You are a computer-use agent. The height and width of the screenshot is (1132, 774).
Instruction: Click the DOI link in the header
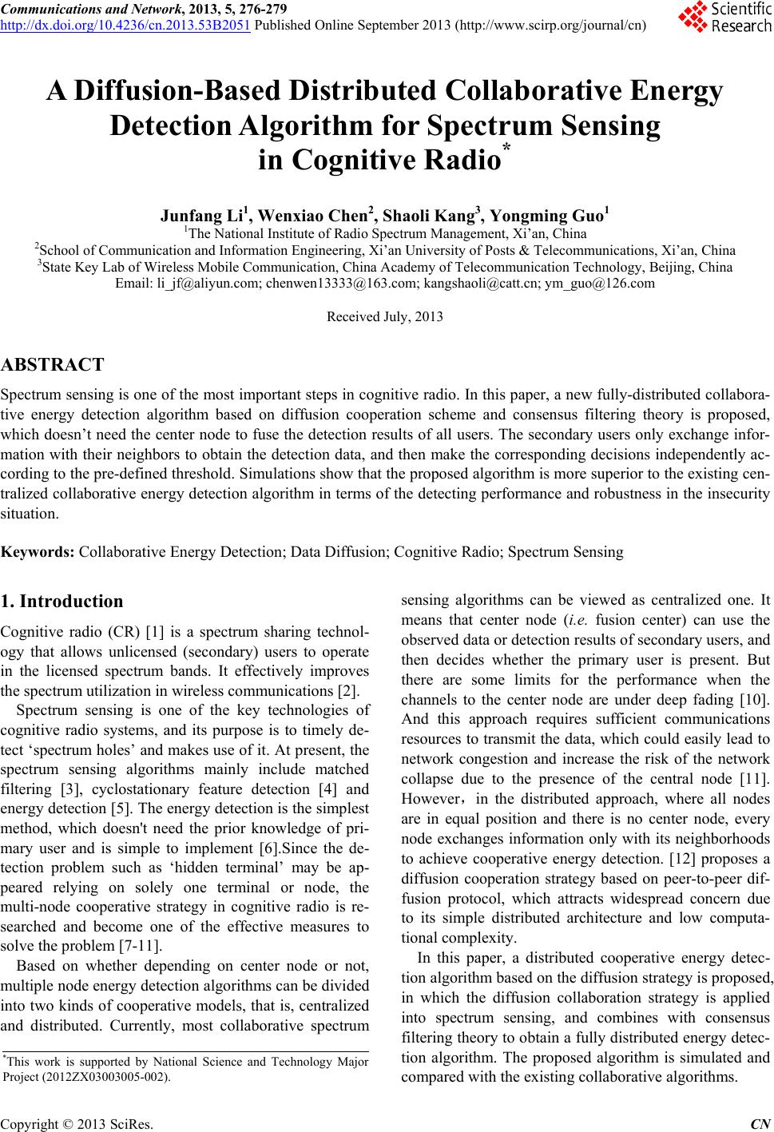coord(125,24)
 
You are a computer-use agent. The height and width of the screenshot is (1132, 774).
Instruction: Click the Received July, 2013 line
coord(385,317)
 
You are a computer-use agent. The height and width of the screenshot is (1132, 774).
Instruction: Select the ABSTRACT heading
coord(53,366)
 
